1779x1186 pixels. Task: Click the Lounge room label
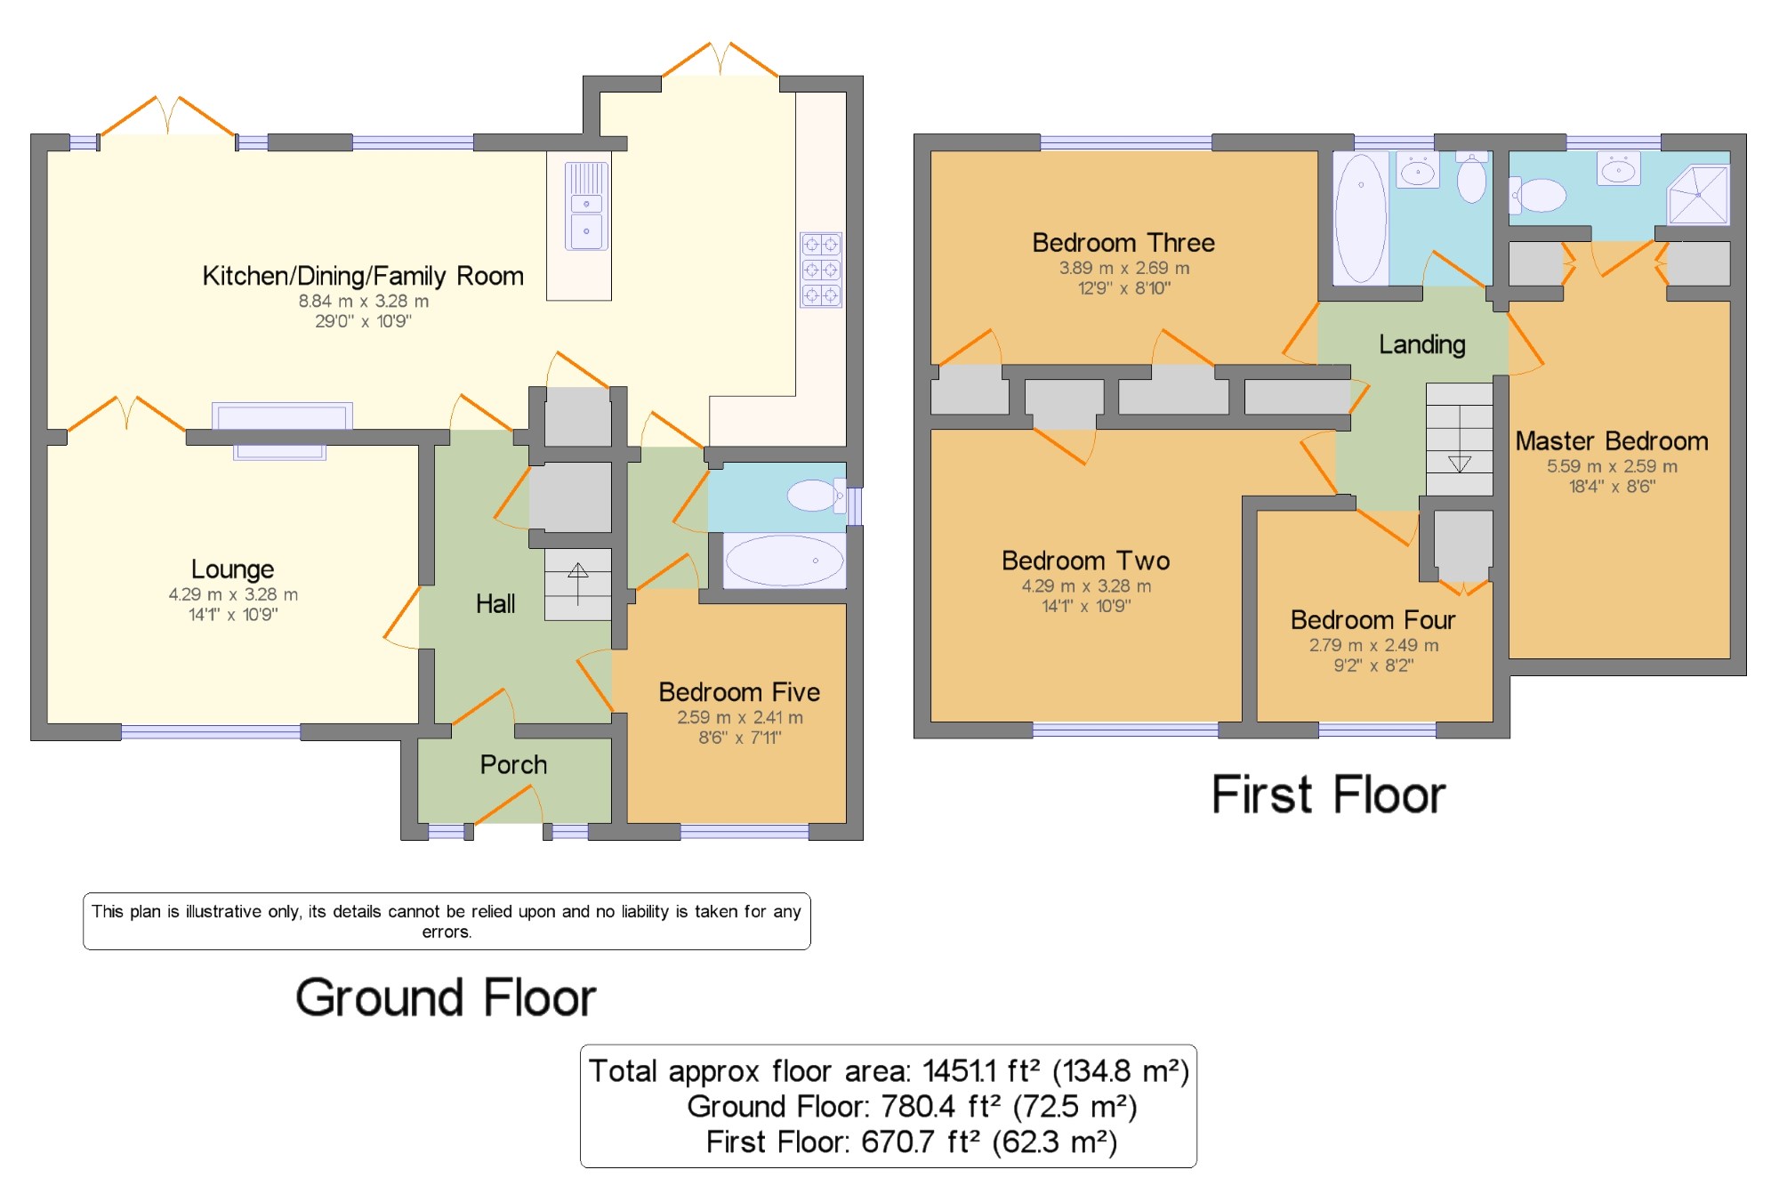click(233, 569)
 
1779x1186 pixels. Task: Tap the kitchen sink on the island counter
click(586, 206)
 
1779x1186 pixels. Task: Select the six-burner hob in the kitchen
click(821, 270)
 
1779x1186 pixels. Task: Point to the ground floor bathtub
click(785, 561)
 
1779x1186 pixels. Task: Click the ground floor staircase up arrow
click(578, 584)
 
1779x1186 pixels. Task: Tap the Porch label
click(513, 764)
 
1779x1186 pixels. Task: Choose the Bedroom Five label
click(739, 691)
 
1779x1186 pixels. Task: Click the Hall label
click(495, 604)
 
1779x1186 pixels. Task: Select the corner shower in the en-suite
click(1698, 195)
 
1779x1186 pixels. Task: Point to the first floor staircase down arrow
click(1460, 464)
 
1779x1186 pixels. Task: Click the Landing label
click(1422, 344)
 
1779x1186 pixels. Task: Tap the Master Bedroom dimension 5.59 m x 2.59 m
click(1612, 466)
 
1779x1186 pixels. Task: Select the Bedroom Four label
click(1373, 619)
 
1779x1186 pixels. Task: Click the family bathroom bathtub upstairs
click(1361, 218)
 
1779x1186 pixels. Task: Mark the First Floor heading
click(1328, 795)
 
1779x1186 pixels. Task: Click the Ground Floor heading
click(446, 997)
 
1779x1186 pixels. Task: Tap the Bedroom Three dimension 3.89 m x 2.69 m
click(1123, 268)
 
